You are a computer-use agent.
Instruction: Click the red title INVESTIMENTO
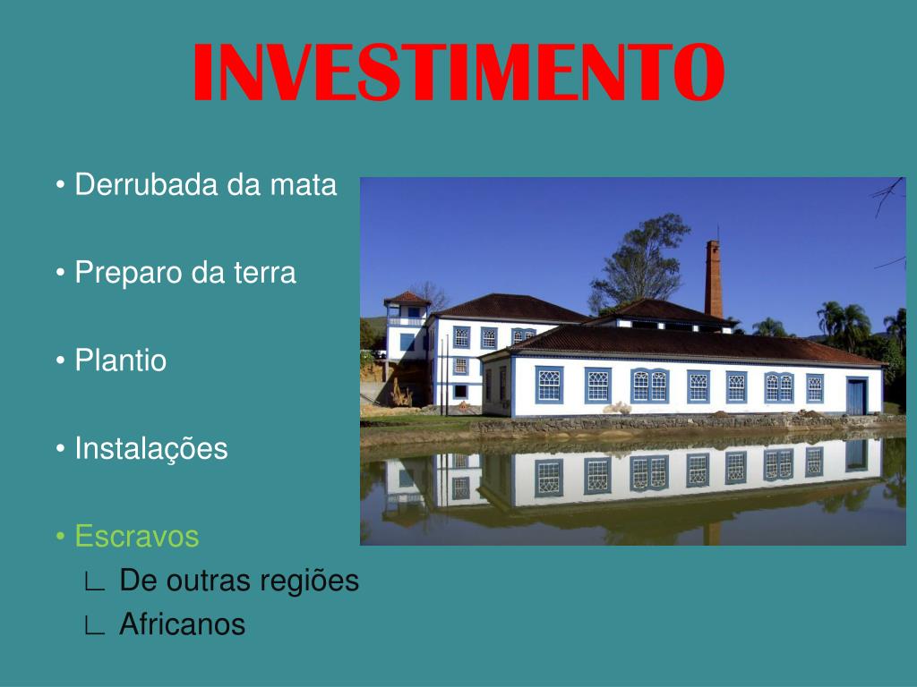coord(459,72)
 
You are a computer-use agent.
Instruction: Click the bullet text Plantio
coord(121,360)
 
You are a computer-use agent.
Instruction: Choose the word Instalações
coord(150,449)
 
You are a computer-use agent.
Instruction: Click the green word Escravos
coord(137,537)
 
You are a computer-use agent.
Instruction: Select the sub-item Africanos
coord(182,623)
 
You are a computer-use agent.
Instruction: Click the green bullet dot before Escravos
coord(60,537)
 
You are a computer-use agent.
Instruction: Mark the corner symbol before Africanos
coord(94,625)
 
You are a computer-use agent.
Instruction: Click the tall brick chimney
coord(714,279)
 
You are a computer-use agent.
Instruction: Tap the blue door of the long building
coord(856,396)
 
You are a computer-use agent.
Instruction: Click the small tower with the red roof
coord(407,327)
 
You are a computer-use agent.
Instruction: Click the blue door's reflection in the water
coord(856,455)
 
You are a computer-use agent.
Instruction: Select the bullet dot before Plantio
coord(60,360)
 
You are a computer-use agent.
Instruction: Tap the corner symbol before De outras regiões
coord(94,581)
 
